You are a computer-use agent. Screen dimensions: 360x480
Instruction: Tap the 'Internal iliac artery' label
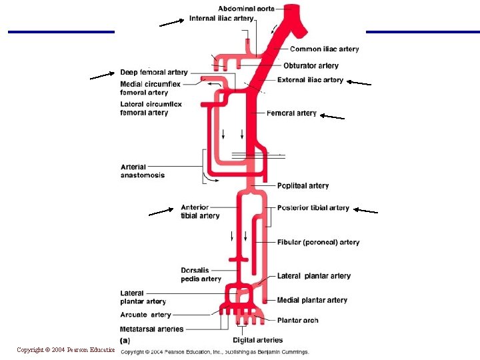pos(221,19)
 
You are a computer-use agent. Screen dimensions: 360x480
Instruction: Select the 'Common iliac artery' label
pos(324,49)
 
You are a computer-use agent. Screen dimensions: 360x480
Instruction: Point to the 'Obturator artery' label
pos(311,66)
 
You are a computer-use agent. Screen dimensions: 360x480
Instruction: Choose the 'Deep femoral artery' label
pos(154,72)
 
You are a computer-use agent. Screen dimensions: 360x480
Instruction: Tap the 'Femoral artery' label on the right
pos(291,113)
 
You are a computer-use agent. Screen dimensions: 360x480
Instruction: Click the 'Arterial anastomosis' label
pos(143,171)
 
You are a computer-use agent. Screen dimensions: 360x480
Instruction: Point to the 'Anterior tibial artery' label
pos(200,211)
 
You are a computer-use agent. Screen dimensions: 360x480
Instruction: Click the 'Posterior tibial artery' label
pos(313,208)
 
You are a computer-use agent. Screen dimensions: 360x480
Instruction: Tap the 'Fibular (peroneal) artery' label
pos(318,243)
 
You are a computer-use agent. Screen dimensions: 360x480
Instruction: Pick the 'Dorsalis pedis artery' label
pos(201,275)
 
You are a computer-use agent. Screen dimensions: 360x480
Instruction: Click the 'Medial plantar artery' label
pos(313,301)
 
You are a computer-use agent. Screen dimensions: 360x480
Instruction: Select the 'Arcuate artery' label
pos(146,315)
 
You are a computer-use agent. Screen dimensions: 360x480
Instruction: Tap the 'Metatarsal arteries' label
pos(152,329)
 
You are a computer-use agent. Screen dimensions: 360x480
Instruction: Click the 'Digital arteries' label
pos(259,340)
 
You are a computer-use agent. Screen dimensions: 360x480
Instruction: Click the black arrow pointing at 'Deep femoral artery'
pos(102,75)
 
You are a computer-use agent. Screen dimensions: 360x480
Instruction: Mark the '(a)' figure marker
pos(125,340)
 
